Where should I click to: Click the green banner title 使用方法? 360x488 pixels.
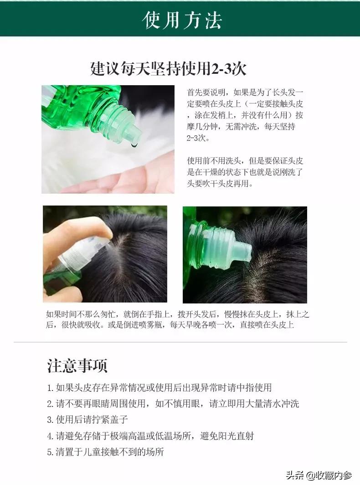(182, 21)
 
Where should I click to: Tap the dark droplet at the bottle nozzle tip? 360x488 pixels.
(134, 145)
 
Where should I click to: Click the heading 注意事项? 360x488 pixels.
(77, 365)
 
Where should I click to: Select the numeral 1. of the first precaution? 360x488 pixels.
(50, 388)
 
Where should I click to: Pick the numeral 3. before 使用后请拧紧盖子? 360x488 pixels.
(51, 420)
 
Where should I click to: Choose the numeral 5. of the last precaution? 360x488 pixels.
(51, 452)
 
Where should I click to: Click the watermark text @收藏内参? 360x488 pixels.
(329, 476)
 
